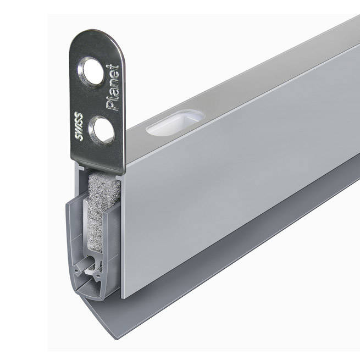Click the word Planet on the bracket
click(x=113, y=88)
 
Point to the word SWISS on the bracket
click(x=79, y=126)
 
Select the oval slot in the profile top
click(x=175, y=123)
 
